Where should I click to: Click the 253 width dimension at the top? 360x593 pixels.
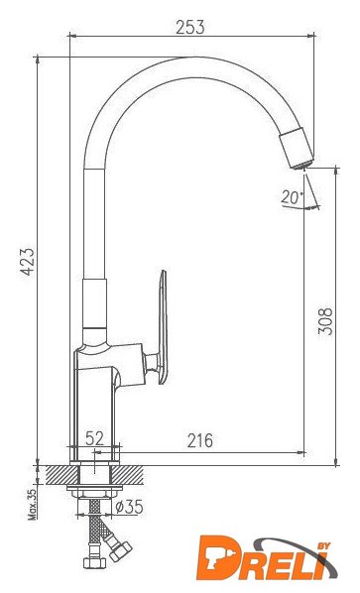[x=190, y=27]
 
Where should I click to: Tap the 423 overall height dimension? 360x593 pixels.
[x=27, y=262]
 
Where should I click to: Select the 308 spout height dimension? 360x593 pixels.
[x=325, y=321]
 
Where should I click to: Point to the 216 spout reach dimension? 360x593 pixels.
[x=200, y=440]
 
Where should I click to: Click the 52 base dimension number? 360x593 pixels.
[x=94, y=438]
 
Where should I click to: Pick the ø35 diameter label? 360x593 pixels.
[x=129, y=507]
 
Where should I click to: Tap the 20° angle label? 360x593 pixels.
[x=293, y=197]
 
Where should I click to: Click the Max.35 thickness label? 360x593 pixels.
[x=33, y=505]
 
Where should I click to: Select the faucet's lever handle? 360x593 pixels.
[x=163, y=327]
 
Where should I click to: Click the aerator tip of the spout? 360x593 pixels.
[x=298, y=149]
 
